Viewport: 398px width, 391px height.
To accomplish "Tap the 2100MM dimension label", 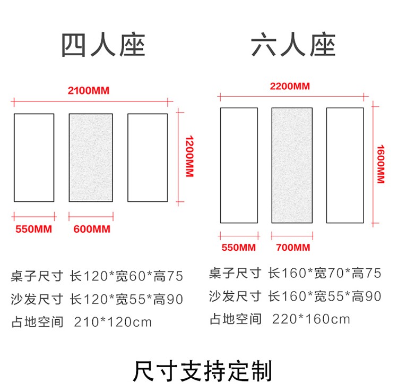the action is tap(89, 90).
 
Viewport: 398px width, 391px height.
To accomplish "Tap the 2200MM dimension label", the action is tap(290, 86).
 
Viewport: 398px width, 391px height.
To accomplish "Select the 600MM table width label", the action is tap(91, 229).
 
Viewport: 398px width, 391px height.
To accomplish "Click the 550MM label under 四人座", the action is tap(33, 229).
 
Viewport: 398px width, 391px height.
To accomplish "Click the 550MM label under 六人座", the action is tap(238, 248).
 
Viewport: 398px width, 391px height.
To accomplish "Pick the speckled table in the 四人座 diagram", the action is tap(91, 158).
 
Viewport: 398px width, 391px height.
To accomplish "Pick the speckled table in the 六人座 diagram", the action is tap(291, 165).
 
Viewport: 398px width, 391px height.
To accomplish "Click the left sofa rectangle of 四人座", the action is tap(34, 158).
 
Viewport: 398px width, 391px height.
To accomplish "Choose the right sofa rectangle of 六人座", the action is tap(345, 165).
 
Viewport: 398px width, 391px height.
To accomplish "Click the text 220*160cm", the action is tap(311, 319).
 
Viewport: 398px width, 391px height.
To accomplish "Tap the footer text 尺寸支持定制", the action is tap(202, 370).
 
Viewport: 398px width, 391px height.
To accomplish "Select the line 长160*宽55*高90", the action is tap(325, 296).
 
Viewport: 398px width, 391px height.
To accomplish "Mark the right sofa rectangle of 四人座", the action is tap(148, 158).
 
